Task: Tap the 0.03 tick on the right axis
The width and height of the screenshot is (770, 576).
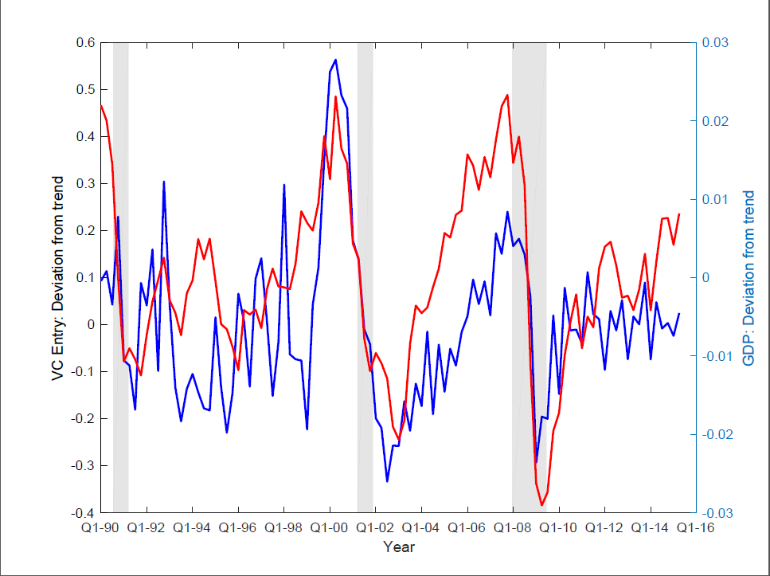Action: coord(715,42)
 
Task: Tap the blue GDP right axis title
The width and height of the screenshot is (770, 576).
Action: coord(749,277)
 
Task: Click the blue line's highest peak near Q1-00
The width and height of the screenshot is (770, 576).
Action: coord(335,60)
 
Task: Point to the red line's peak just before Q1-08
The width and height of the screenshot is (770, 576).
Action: coord(507,95)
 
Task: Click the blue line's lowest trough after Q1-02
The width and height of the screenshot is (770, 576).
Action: coord(387,480)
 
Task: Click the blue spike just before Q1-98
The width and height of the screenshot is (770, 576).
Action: coord(284,185)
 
